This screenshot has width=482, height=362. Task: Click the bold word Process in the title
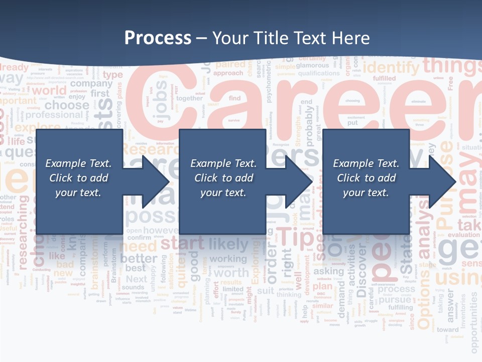[158, 38]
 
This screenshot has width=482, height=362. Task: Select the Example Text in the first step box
[78, 163]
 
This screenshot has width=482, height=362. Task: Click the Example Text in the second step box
[223, 163]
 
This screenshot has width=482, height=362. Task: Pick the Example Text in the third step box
[366, 163]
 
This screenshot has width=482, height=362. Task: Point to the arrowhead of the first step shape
[156, 182]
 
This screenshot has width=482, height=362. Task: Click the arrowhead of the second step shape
[299, 182]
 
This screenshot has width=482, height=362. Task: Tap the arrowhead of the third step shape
[442, 182]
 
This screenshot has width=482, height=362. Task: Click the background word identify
[391, 67]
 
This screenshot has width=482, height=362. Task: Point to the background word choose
[66, 105]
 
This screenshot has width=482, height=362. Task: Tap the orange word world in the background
[49, 90]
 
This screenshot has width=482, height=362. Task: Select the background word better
[139, 258]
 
